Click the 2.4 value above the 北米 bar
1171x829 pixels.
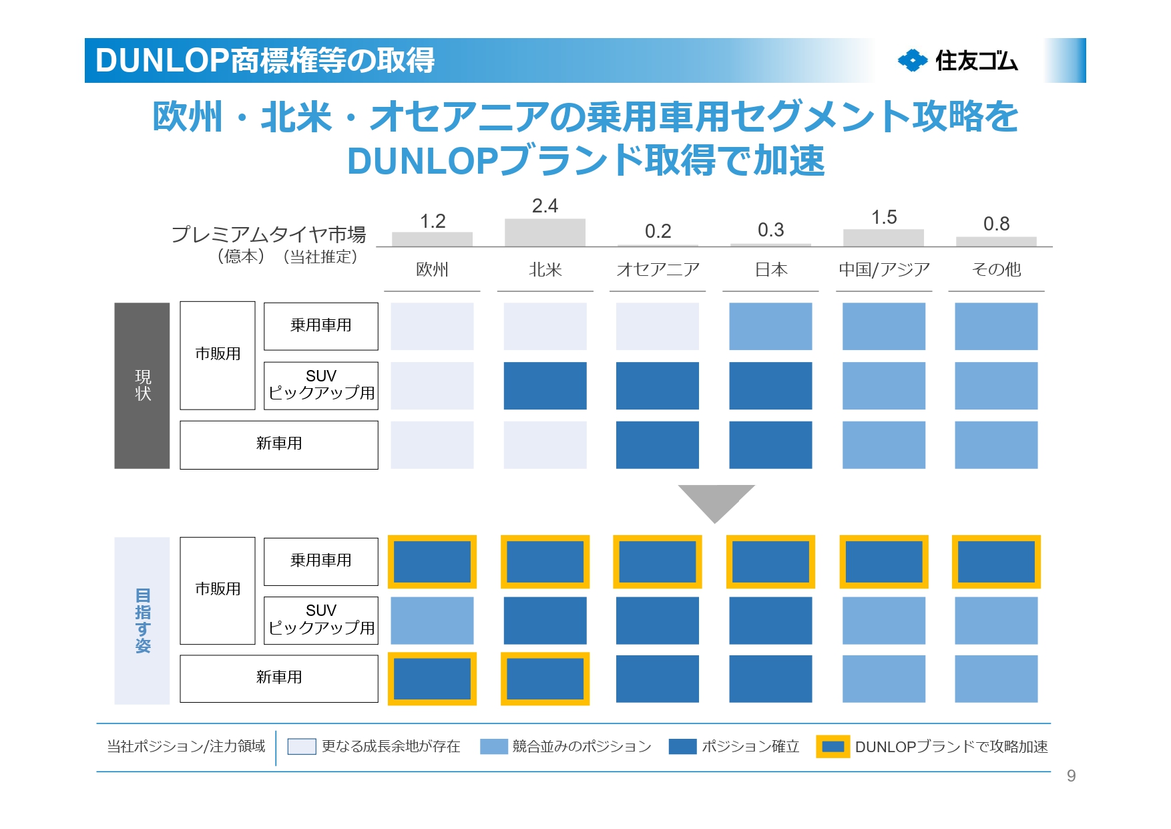tap(545, 206)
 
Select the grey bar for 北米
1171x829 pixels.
tap(545, 232)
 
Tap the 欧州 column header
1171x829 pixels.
tap(432, 270)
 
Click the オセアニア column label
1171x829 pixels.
tap(658, 270)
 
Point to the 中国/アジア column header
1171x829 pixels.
tap(884, 270)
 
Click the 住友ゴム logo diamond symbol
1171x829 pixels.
tap(912, 61)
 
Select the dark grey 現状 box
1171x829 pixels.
tap(142, 385)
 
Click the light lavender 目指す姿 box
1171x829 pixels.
tap(142, 621)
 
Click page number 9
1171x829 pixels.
tap(1071, 776)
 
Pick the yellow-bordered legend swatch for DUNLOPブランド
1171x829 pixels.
tap(833, 747)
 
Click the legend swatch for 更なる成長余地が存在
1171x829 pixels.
tap(301, 747)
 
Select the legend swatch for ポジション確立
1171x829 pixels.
tap(682, 747)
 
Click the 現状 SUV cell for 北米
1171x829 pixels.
tap(545, 386)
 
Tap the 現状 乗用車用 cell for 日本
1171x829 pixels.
tap(770, 327)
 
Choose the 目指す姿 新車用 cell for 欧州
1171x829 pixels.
tap(432, 679)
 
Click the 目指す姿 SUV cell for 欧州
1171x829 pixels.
tap(432, 621)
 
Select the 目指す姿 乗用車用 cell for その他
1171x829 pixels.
tap(996, 562)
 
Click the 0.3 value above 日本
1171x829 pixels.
tap(770, 230)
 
